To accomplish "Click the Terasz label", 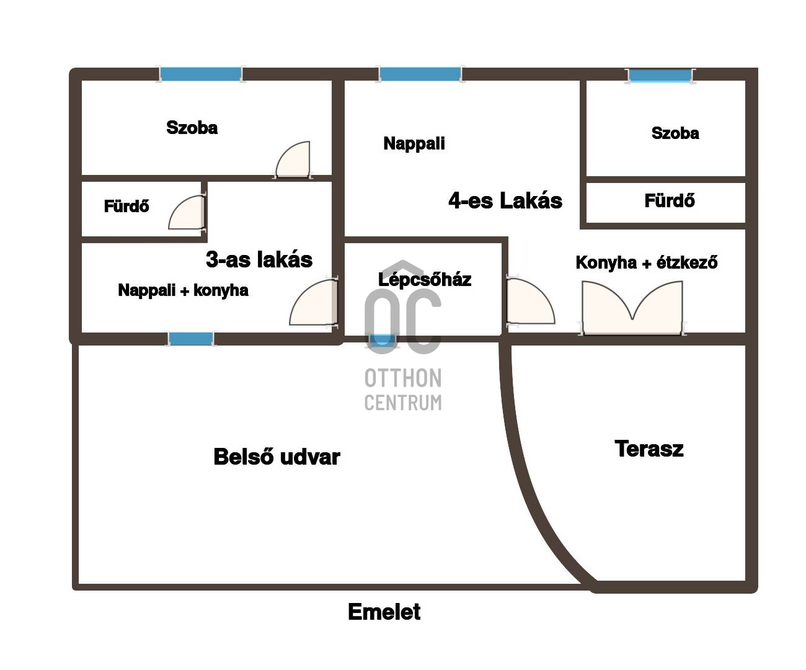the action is tap(649, 449).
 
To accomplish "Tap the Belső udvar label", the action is tap(277, 457).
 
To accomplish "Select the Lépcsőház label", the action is tap(425, 280).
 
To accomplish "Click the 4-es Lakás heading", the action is tap(505, 200).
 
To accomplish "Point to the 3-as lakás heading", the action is tap(259, 259).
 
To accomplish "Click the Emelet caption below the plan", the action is tap(384, 612).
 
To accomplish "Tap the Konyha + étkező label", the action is tap(647, 262).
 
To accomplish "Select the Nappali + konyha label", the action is tap(183, 290).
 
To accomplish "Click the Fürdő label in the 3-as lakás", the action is tap(126, 206).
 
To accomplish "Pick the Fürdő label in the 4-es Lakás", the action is tap(670, 200).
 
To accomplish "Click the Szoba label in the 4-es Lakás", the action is tap(675, 133).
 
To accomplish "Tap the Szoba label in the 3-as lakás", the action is tap(192, 128).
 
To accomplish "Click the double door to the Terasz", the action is tap(632, 308).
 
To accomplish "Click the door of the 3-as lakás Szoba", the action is tap(293, 160).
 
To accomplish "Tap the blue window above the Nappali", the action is tap(420, 74).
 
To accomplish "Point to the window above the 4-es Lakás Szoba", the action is tap(660, 76).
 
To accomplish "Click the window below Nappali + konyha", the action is tap(191, 339).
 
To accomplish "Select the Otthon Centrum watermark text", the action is tap(403, 390).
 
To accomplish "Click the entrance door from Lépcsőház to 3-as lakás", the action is tap(314, 303).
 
